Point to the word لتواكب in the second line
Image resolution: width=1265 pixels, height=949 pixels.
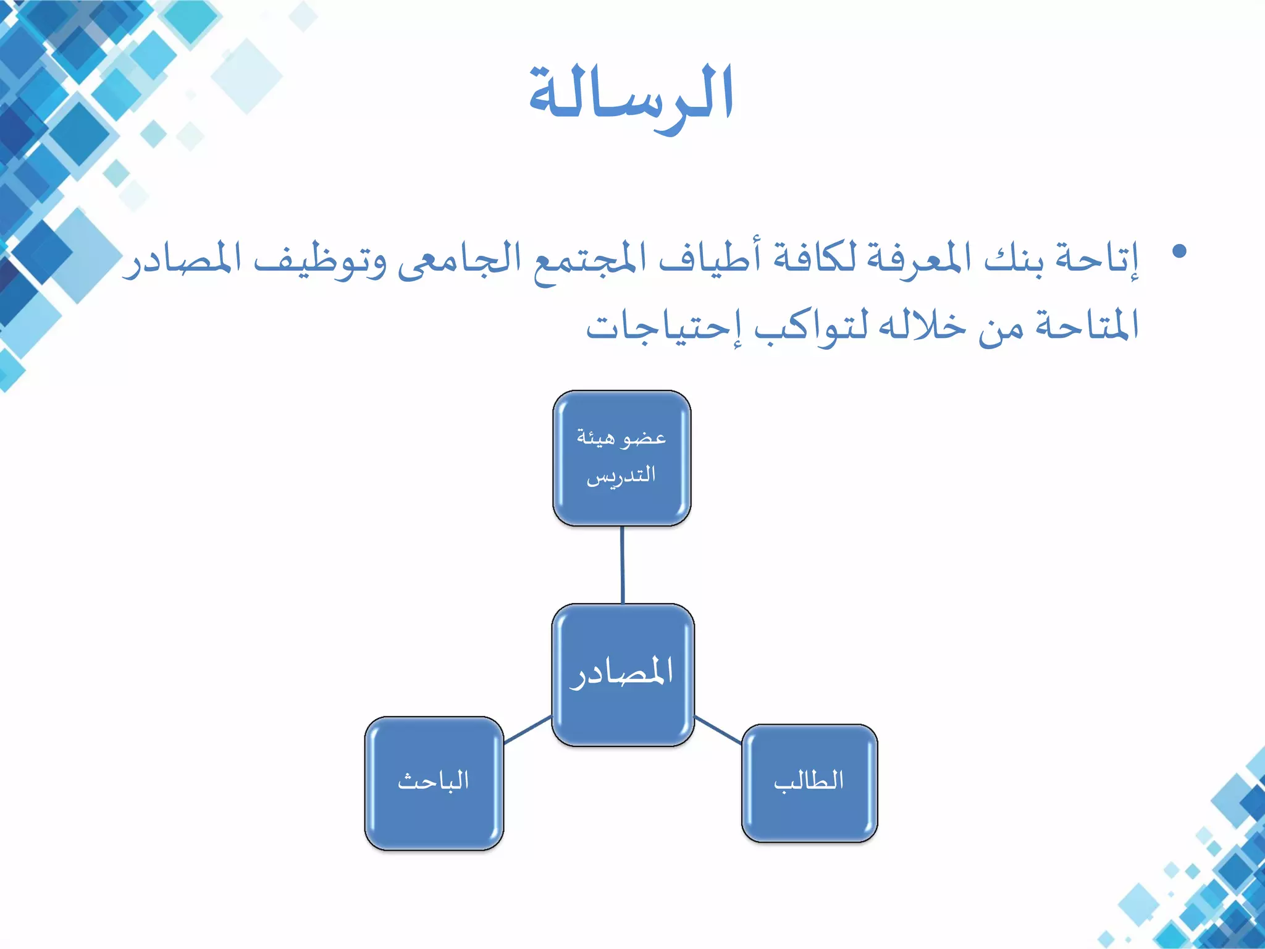tap(809, 326)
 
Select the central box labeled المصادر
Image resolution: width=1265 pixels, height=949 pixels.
tap(623, 675)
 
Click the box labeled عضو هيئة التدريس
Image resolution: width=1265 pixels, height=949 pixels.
tap(621, 458)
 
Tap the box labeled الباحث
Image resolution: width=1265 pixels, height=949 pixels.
tap(434, 783)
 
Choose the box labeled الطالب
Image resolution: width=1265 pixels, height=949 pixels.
tap(809, 783)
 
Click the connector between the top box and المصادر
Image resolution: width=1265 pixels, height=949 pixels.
tap(622, 565)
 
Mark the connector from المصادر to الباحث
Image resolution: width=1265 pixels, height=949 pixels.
tap(527, 730)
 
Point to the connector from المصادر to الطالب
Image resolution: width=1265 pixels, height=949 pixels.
tap(718, 730)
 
